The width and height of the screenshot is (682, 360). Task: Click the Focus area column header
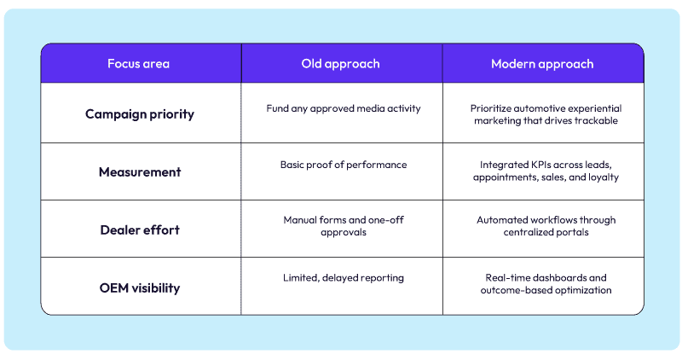click(x=141, y=64)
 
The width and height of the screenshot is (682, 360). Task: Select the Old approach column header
click(x=341, y=64)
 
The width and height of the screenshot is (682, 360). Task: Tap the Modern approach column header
click(x=542, y=64)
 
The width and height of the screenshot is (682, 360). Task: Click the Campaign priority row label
click(x=141, y=113)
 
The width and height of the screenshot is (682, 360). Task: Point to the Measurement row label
click(x=141, y=171)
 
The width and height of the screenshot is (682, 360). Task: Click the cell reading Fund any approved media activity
click(x=341, y=108)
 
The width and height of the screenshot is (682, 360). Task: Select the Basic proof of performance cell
click(x=341, y=165)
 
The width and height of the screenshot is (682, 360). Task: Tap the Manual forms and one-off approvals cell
click(x=341, y=227)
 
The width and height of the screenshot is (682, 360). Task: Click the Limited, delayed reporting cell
click(x=341, y=278)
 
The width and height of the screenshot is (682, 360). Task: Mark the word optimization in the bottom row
click(x=584, y=292)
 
